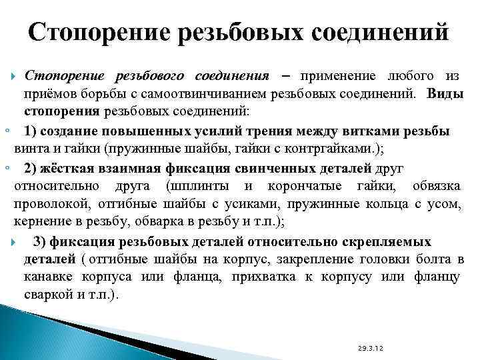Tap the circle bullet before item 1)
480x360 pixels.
[6, 129]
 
